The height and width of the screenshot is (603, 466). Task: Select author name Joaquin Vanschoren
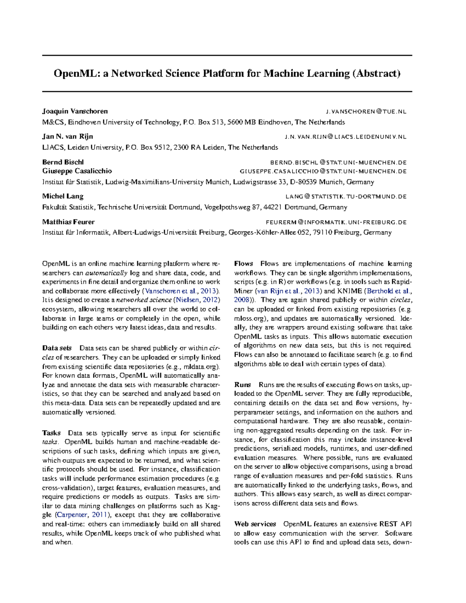coord(75,111)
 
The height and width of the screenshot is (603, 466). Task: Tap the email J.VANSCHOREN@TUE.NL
coord(366,112)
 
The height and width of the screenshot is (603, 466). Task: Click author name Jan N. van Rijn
coord(68,137)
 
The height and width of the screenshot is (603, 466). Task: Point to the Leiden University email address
coord(345,137)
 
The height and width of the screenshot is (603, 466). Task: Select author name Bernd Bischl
coord(63,162)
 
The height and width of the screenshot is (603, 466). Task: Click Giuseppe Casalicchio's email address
coord(323,171)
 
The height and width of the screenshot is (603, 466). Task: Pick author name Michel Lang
coord(63,196)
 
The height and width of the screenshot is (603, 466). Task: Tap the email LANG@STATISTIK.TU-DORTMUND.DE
coord(346,197)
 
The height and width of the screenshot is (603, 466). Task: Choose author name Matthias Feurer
coord(68,222)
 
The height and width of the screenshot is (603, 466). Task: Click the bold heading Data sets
coord(57,348)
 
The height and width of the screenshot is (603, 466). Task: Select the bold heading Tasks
coord(51,433)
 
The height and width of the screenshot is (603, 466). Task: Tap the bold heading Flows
coord(243,264)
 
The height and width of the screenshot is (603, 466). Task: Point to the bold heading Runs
coord(243,385)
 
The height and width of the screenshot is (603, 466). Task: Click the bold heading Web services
coord(255,524)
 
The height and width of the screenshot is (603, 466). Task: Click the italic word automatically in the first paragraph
coord(106,273)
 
